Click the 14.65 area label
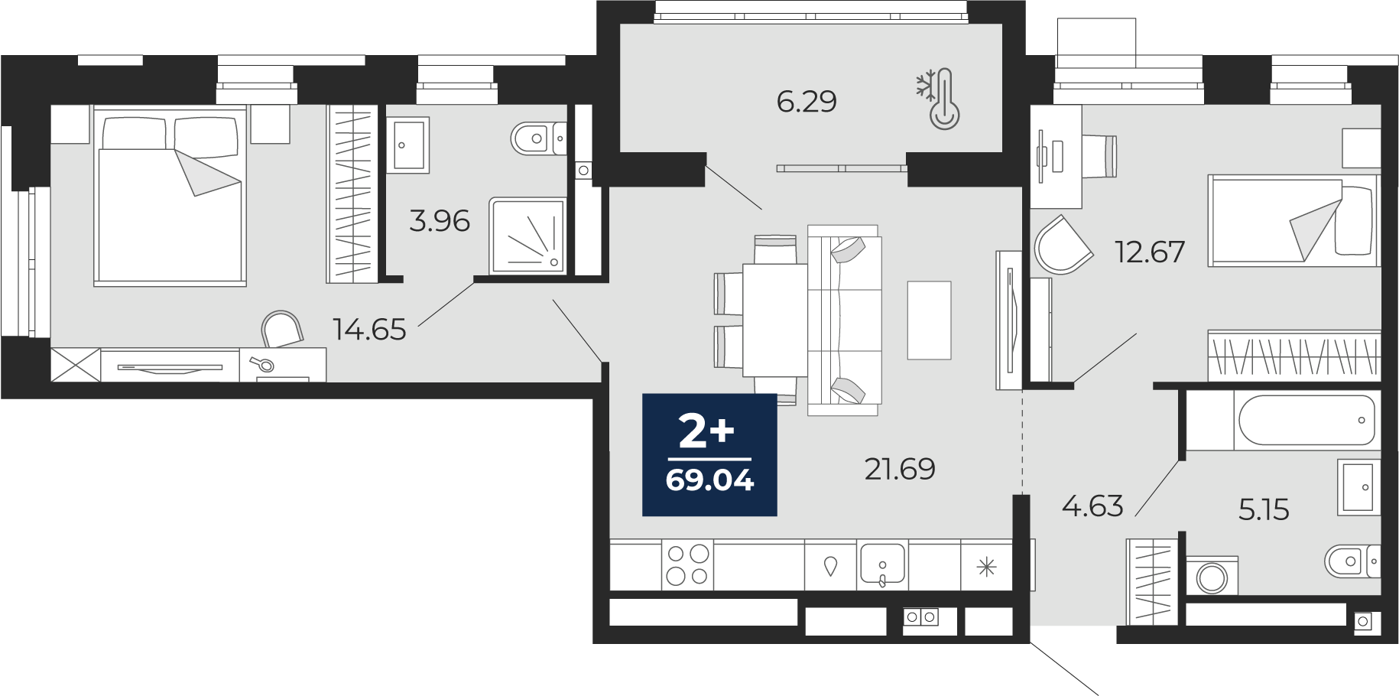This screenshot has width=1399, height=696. (x=369, y=329)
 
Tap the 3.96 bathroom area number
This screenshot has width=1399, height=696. (x=440, y=221)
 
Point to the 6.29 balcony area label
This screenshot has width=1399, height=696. (x=807, y=101)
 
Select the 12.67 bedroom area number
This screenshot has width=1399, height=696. (x=1150, y=252)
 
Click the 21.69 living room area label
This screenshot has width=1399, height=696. (x=900, y=469)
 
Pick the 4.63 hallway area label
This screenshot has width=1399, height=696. (x=1092, y=506)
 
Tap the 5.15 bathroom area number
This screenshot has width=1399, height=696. (x=1264, y=509)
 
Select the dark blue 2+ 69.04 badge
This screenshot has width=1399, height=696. (x=709, y=455)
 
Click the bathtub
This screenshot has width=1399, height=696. (x=1306, y=420)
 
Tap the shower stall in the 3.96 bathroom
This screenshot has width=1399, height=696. (x=527, y=236)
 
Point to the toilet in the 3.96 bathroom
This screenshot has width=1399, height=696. (x=538, y=138)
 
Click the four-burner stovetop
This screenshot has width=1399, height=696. (x=687, y=564)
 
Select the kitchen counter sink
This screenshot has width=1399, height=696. (x=882, y=564)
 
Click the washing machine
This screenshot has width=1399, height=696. (x=1212, y=576)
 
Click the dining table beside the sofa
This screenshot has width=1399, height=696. (x=775, y=320)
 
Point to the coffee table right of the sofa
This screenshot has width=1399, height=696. (x=929, y=320)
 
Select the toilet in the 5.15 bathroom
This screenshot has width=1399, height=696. (x=1352, y=561)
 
